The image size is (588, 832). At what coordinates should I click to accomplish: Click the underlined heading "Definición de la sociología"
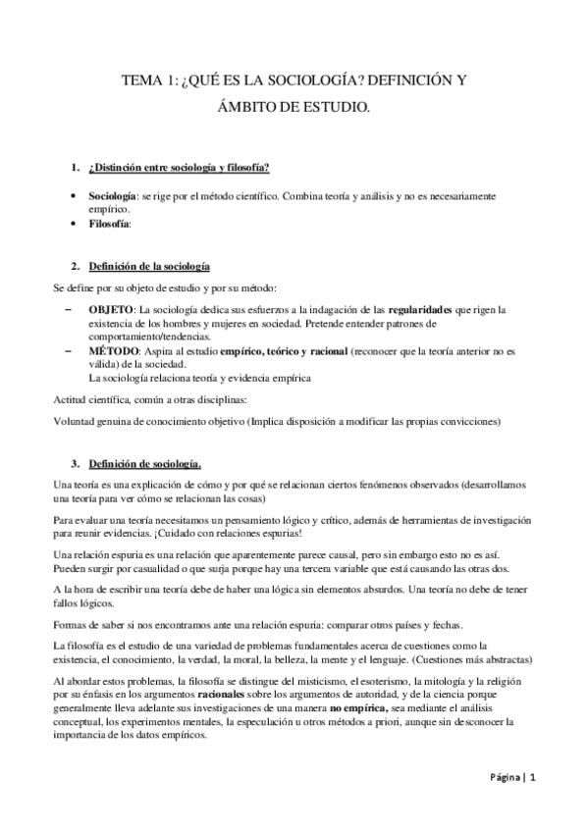147,267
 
